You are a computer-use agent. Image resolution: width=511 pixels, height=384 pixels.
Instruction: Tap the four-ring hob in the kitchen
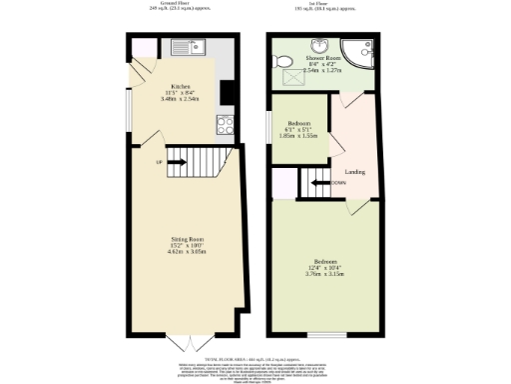click(225, 125)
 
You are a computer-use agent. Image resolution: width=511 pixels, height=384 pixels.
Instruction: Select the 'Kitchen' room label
click(181, 86)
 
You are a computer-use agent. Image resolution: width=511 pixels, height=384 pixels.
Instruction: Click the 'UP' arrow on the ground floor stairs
click(160, 163)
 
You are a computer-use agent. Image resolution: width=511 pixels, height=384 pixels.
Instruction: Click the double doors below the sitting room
click(182, 343)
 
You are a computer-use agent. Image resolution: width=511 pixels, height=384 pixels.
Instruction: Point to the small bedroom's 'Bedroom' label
click(299, 123)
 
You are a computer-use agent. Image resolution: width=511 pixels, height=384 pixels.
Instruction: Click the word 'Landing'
click(354, 171)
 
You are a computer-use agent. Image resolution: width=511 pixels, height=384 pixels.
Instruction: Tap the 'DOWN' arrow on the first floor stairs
click(339, 183)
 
